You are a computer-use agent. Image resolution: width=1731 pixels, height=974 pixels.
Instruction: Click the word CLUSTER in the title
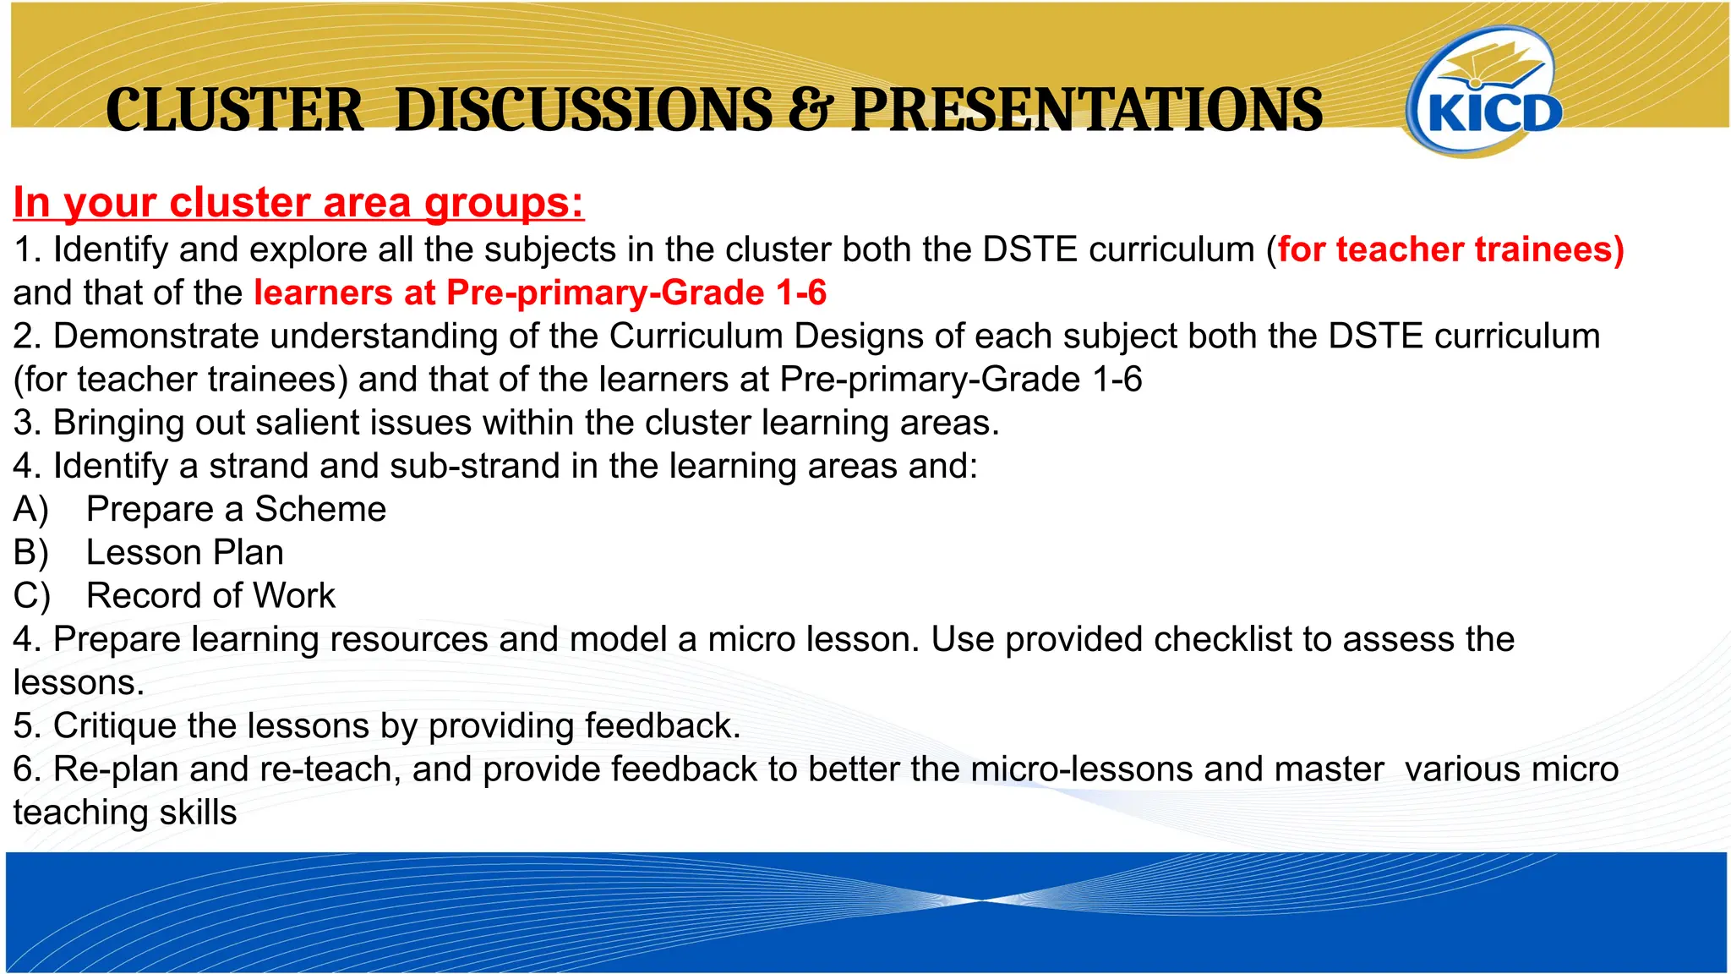click(x=234, y=111)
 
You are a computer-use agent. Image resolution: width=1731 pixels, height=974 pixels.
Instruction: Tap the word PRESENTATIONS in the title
click(x=1086, y=111)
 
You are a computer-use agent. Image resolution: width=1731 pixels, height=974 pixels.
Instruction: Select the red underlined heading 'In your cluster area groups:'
click(x=298, y=203)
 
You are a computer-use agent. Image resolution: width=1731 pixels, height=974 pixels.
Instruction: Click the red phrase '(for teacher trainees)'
click(x=1450, y=249)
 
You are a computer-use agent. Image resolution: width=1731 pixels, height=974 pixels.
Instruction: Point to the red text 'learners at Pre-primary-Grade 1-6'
click(x=540, y=293)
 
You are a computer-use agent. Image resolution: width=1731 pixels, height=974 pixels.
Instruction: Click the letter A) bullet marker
click(x=31, y=510)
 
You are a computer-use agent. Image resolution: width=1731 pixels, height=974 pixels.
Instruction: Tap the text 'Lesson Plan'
click(x=184, y=553)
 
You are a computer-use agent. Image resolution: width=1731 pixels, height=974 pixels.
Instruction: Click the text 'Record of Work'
click(x=210, y=596)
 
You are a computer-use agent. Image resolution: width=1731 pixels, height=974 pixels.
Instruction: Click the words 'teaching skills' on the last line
click(x=124, y=813)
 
